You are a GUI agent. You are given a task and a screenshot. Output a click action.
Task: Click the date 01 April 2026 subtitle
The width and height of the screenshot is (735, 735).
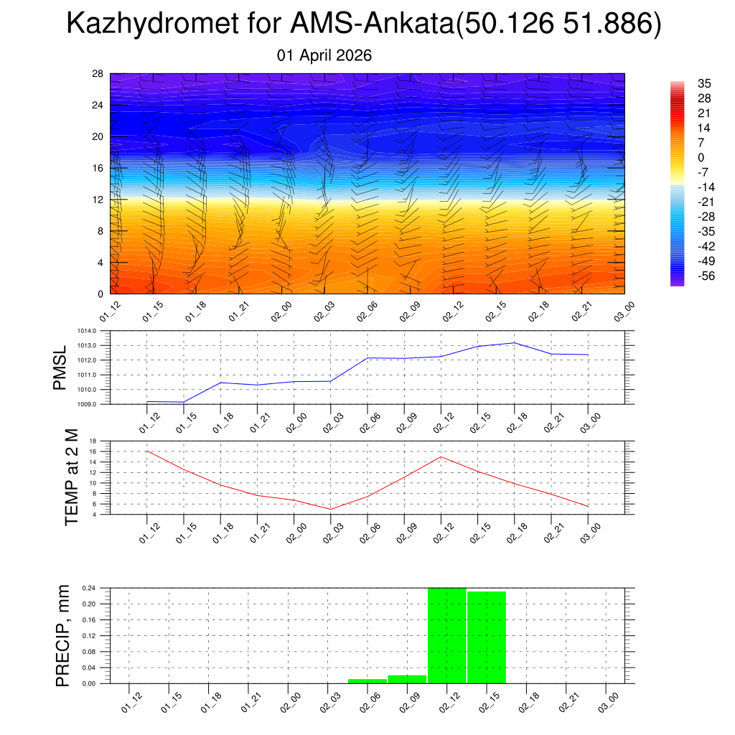pos(324,55)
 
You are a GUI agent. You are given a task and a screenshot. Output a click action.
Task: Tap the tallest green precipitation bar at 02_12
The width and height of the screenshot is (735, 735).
pos(446,635)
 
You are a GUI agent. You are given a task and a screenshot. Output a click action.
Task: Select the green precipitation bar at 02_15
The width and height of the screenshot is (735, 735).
pos(487,637)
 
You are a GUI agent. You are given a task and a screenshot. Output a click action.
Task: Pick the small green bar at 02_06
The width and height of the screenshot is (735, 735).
pos(367,680)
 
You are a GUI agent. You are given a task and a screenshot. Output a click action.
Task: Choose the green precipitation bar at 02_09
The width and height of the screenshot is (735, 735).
pos(407,679)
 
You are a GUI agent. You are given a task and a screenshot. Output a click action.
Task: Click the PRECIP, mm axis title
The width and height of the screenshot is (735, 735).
pos(63,635)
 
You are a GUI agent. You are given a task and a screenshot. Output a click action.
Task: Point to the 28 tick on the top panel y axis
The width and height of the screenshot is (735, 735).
pos(98,74)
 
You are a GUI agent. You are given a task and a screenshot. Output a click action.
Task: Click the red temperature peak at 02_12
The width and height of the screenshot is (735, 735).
pos(441,457)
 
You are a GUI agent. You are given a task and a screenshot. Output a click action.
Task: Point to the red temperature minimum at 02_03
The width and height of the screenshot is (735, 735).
pos(331,509)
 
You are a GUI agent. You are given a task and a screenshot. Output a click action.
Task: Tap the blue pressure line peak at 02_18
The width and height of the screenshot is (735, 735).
pos(515,342)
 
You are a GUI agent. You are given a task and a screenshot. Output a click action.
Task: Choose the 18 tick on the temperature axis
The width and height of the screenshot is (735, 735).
pos(93,441)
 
